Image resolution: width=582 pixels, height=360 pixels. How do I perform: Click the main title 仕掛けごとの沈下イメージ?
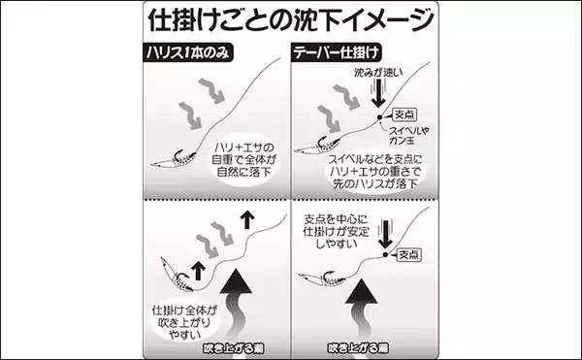291,19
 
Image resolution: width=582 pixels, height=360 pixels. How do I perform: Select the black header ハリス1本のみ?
188,52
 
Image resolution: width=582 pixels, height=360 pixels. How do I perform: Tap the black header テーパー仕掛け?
337,52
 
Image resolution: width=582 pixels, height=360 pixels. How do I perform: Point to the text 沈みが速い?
378,73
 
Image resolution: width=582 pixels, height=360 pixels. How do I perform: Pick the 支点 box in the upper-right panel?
404,115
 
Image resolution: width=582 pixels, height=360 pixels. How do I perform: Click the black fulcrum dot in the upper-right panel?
379,117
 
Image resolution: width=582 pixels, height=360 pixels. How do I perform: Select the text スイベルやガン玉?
408,136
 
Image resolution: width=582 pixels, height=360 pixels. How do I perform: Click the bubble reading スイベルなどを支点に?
374,172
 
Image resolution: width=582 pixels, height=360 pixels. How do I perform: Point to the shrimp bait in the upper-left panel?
174,159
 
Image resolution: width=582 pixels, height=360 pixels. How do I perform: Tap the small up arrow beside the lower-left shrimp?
199,271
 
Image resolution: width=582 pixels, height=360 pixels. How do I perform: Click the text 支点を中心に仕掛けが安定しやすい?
336,231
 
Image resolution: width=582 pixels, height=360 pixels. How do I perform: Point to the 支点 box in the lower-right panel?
409,255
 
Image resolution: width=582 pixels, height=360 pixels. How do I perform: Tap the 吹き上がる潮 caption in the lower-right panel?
358,348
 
